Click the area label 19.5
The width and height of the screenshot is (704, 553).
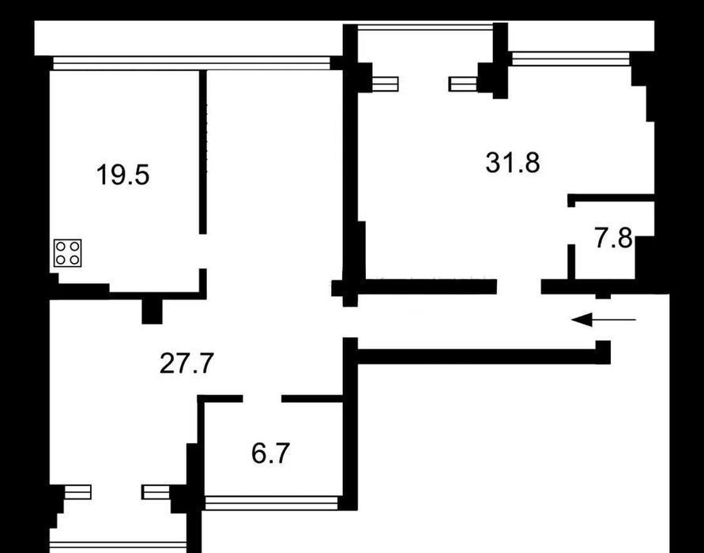click(122, 175)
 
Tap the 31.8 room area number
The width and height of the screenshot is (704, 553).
click(513, 163)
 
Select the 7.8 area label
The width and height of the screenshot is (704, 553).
click(613, 238)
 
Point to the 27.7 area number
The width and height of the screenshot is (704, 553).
click(186, 363)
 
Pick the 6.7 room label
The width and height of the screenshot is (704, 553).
click(270, 453)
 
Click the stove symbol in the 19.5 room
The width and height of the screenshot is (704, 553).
click(68, 253)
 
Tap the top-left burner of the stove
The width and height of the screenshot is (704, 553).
click(61, 246)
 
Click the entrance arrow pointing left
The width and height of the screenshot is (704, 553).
click(604, 320)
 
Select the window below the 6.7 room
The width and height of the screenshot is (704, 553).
click(271, 502)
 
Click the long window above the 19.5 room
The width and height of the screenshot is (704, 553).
click(192, 63)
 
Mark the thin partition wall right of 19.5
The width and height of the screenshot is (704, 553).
click(203, 152)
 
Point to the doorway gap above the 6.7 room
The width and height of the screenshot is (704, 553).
click(262, 399)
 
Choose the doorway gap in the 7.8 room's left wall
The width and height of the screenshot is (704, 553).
click(571, 226)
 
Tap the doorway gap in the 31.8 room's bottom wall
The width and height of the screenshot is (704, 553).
click(518, 287)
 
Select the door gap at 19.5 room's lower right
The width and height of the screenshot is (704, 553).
click(203, 251)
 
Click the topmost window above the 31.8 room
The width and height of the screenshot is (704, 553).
click(424, 27)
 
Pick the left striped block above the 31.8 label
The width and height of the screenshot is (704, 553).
click(386, 84)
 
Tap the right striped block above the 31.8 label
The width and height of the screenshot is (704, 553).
click(463, 84)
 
